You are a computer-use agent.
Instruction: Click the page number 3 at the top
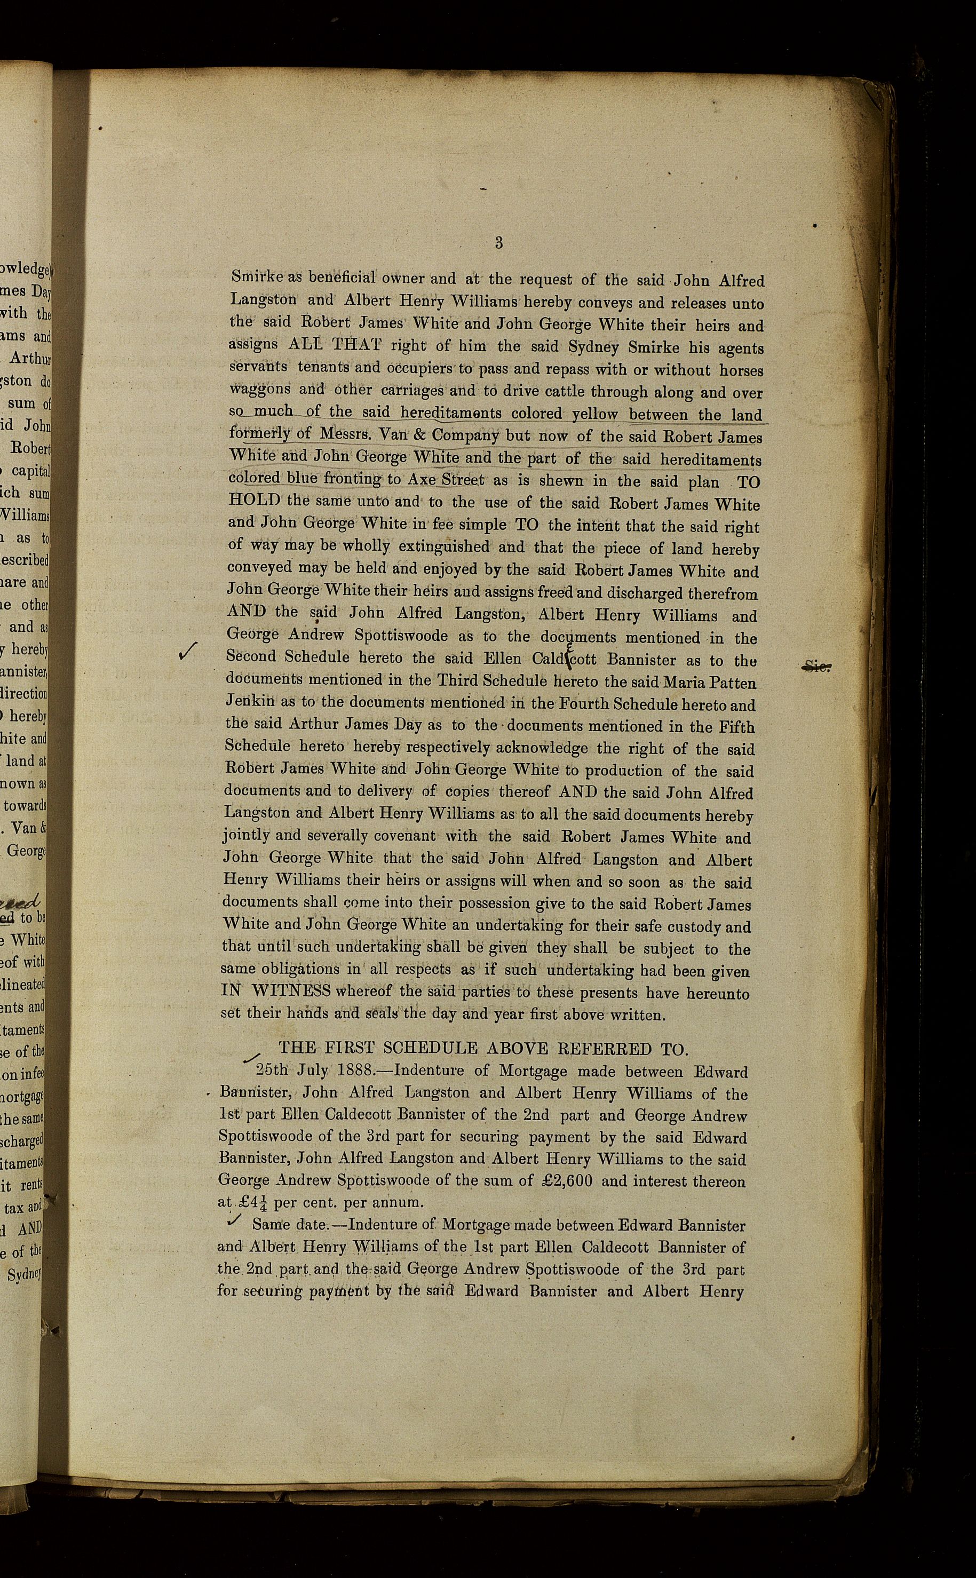pos(499,243)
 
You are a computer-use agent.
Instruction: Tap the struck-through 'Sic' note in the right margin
pos(816,667)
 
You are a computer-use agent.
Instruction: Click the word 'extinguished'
pos(443,546)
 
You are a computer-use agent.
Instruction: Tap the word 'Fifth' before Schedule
pos(737,727)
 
